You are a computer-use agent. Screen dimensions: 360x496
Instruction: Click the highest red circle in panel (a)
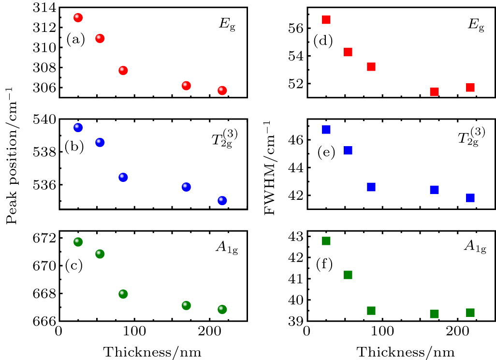[x=78, y=17]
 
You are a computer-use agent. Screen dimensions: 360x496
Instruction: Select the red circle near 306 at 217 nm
[x=222, y=90]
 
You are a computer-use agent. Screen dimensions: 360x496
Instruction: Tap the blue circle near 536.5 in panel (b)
[x=123, y=177]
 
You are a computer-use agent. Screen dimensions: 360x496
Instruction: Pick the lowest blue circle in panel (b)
[x=222, y=200]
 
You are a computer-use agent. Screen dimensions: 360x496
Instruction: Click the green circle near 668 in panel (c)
[x=123, y=294]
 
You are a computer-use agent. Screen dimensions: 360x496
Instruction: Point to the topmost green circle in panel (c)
[x=78, y=241]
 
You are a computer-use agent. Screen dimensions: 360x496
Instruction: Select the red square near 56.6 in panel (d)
[x=326, y=20]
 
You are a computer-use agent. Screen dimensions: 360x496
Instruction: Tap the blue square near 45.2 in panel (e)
[x=348, y=150]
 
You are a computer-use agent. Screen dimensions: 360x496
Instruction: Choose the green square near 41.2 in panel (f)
[x=348, y=275]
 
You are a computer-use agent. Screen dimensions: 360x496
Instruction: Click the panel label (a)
[x=75, y=40]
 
